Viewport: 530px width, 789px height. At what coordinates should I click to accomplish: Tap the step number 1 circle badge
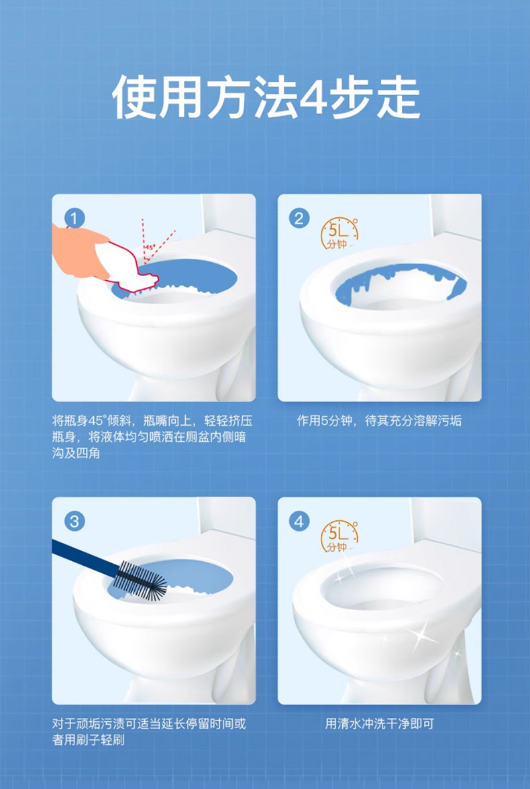(x=75, y=218)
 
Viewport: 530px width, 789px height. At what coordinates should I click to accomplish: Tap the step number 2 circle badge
(x=300, y=218)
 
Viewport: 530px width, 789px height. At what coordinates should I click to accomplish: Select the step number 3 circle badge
(x=75, y=521)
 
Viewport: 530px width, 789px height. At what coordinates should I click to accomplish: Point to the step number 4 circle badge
(x=300, y=521)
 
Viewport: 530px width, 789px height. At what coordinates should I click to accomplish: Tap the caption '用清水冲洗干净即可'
(x=380, y=724)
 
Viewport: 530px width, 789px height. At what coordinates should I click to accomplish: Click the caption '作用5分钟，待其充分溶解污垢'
(x=380, y=421)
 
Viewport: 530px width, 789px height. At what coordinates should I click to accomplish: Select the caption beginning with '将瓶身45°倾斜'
(x=153, y=438)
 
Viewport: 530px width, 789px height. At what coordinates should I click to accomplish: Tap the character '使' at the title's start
(x=134, y=98)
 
